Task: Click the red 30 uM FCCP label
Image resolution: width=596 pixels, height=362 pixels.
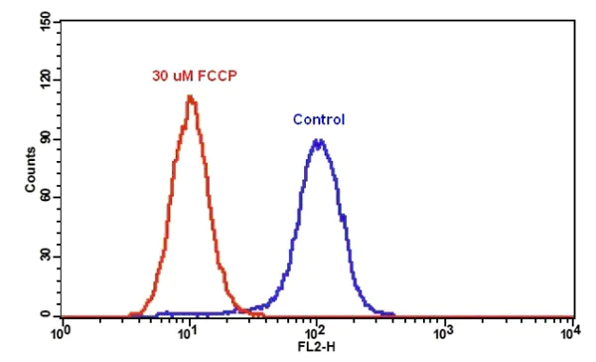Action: (x=195, y=75)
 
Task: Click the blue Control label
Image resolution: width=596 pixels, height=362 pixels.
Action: (x=319, y=120)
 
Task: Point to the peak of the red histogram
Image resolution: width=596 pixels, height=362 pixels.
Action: (x=190, y=96)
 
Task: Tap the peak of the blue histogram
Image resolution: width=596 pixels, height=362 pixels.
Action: (x=318, y=140)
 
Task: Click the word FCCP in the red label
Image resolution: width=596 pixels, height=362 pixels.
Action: (x=220, y=75)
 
